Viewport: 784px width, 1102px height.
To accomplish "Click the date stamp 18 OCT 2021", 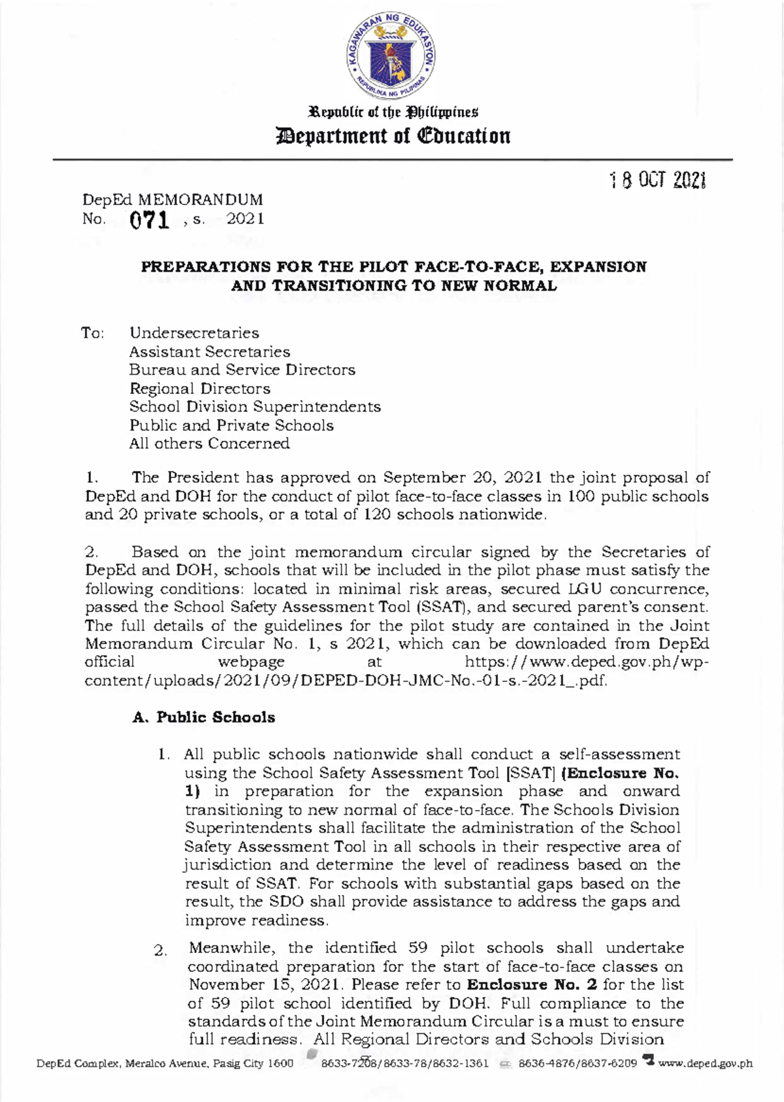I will (657, 181).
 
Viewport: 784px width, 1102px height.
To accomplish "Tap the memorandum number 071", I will (150, 221).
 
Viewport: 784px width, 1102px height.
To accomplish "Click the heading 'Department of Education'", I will (392, 137).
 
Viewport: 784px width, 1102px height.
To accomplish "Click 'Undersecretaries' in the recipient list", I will (194, 333).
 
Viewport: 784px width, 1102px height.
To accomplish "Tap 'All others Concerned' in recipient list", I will (209, 444).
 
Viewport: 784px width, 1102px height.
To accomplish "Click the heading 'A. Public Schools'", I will (203, 717).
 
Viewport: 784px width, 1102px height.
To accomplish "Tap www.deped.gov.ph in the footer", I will (706, 1063).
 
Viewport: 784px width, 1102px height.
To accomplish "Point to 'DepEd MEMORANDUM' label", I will (172, 200).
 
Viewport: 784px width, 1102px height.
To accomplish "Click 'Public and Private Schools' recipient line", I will (231, 425).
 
